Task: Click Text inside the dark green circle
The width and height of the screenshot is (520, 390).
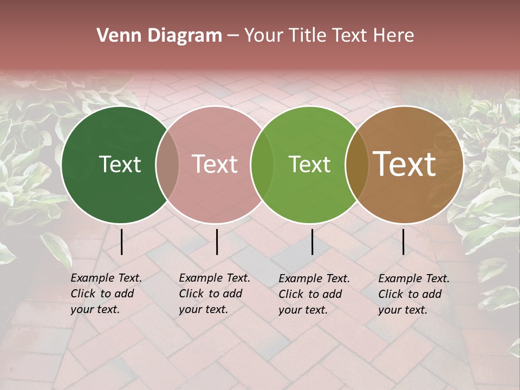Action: [120, 164]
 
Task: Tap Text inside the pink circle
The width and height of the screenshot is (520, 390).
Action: [215, 164]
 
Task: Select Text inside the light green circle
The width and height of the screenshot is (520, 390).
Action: [310, 164]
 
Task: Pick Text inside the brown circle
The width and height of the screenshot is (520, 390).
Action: [405, 164]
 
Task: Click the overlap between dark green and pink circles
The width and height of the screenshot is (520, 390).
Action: [167, 165]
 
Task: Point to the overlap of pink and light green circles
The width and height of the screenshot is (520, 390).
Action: [262, 165]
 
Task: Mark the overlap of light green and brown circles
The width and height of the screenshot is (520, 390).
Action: [356, 165]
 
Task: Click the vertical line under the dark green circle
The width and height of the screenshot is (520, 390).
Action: [121, 242]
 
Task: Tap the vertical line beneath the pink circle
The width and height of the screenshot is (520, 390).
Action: [217, 242]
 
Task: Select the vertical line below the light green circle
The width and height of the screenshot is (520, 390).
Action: [312, 242]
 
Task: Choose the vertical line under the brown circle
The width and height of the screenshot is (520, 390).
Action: [403, 242]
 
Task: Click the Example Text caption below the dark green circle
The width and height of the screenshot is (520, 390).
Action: [106, 294]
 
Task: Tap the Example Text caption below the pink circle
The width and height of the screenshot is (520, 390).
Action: [214, 294]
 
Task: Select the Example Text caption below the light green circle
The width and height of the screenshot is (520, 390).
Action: [314, 294]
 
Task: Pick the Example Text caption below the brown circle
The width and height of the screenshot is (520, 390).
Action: [413, 294]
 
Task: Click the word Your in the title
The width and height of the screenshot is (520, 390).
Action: [263, 36]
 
